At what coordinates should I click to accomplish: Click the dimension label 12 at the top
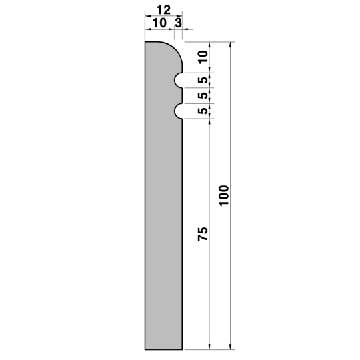click(x=163, y=10)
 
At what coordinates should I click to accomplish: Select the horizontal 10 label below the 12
click(x=159, y=23)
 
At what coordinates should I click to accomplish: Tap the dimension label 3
click(x=178, y=23)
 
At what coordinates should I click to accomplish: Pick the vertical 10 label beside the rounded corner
click(x=203, y=57)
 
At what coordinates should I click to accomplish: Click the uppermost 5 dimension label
click(x=203, y=80)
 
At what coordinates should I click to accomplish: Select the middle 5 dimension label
click(x=203, y=95)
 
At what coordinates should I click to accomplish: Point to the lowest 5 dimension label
click(x=203, y=111)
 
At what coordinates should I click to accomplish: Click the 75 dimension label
click(x=203, y=234)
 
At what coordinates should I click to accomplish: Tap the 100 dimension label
click(x=224, y=195)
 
